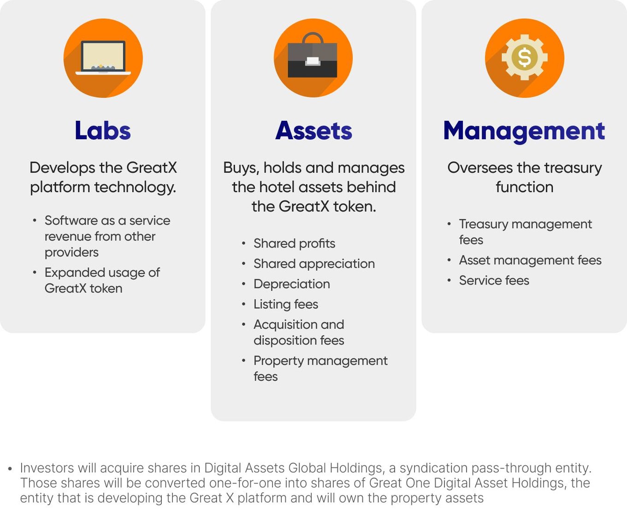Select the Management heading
[524, 131]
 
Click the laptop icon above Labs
[103, 57]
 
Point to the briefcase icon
[313, 55]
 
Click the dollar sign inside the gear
[525, 57]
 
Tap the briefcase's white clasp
[313, 61]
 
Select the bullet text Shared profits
[294, 243]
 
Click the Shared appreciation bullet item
[314, 264]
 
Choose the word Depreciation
[292, 284]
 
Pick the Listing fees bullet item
[286, 304]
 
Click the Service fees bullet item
[494, 280]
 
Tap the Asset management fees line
[530, 260]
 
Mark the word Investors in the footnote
[47, 468]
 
